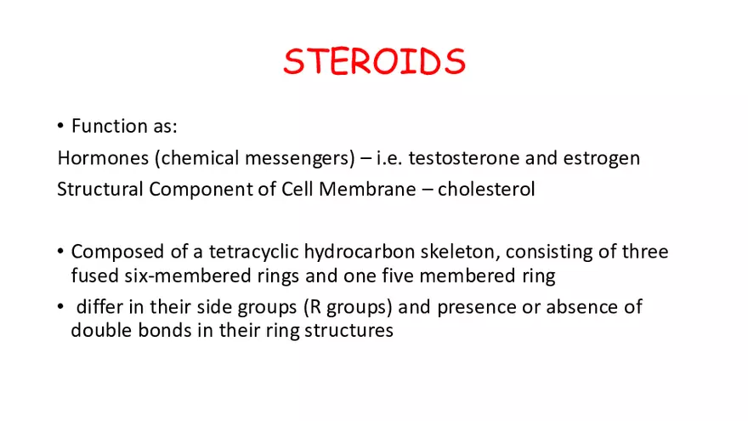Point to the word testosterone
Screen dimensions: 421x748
point(470,158)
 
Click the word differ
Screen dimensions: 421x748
point(99,306)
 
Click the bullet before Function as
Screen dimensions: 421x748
point(61,127)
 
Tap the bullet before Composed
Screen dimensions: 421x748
point(61,252)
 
